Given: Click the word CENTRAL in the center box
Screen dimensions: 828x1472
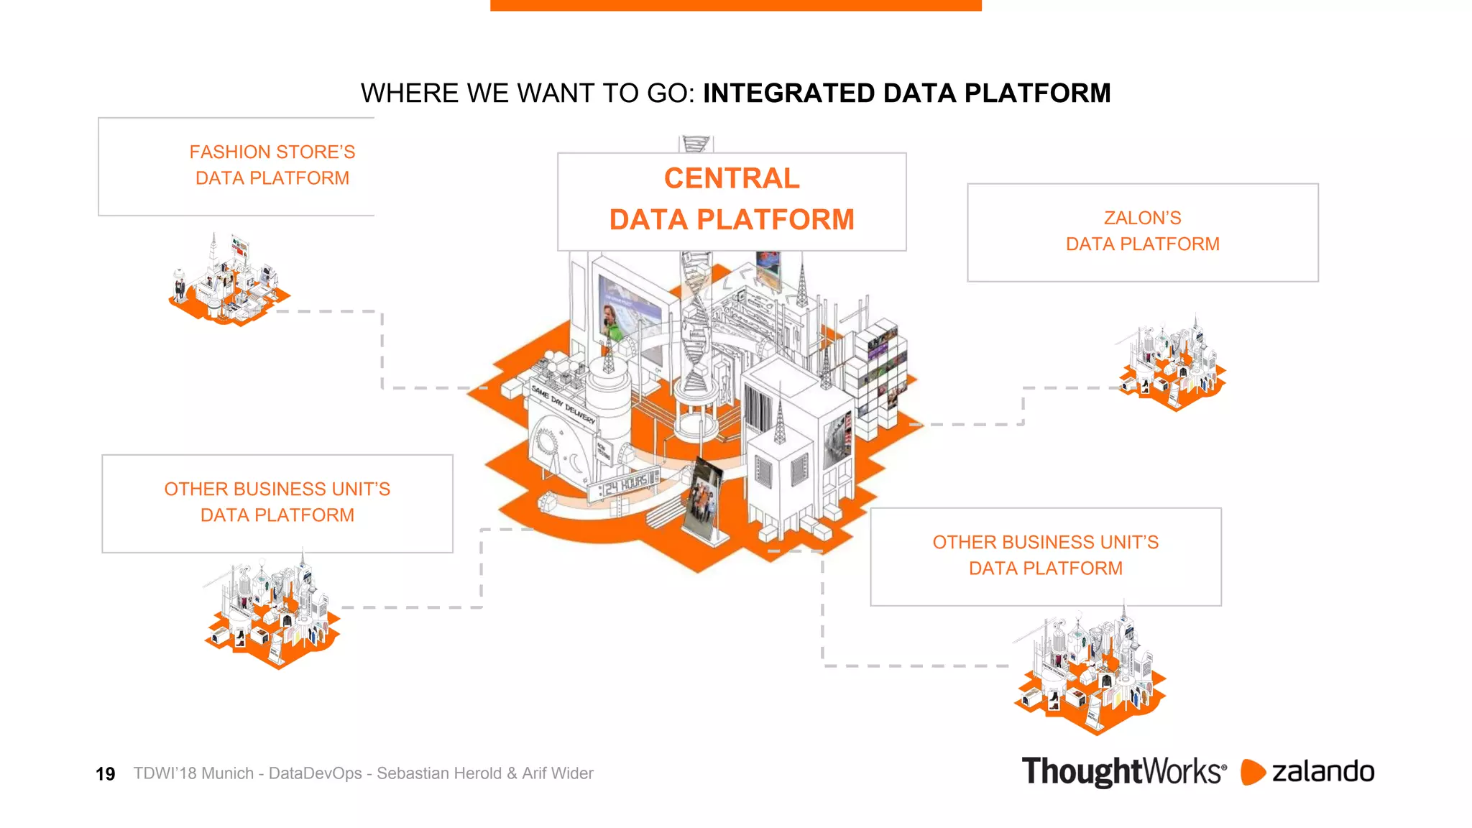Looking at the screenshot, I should click(x=731, y=178).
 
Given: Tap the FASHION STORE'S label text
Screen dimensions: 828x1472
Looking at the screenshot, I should click(x=272, y=152).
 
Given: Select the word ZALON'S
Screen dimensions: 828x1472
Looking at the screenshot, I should click(x=1142, y=218).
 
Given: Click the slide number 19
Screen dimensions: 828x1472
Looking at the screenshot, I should click(x=105, y=774).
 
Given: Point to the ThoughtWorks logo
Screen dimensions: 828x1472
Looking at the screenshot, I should click(x=1123, y=772).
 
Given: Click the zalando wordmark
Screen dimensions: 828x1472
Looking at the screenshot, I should click(x=1322, y=772).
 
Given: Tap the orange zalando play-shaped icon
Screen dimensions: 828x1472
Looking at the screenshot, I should click(x=1252, y=772).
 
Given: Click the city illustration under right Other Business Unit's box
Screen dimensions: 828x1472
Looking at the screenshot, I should click(x=1090, y=672).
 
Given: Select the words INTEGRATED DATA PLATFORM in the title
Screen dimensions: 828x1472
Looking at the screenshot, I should click(x=906, y=93).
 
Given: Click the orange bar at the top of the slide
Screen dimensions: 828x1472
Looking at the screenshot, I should click(x=735, y=5).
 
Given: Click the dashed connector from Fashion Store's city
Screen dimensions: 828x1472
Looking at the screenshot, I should click(x=382, y=345).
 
